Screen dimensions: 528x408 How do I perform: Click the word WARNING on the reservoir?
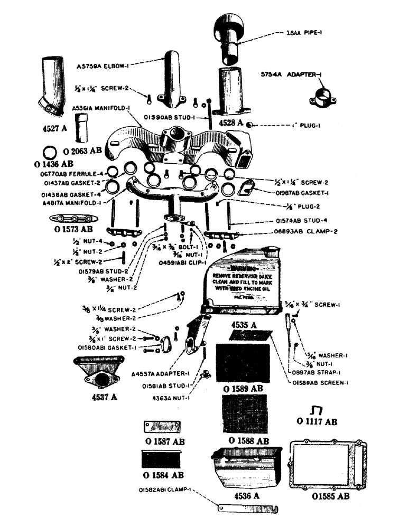pos(248,269)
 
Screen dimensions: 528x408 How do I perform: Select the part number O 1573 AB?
pos(71,230)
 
